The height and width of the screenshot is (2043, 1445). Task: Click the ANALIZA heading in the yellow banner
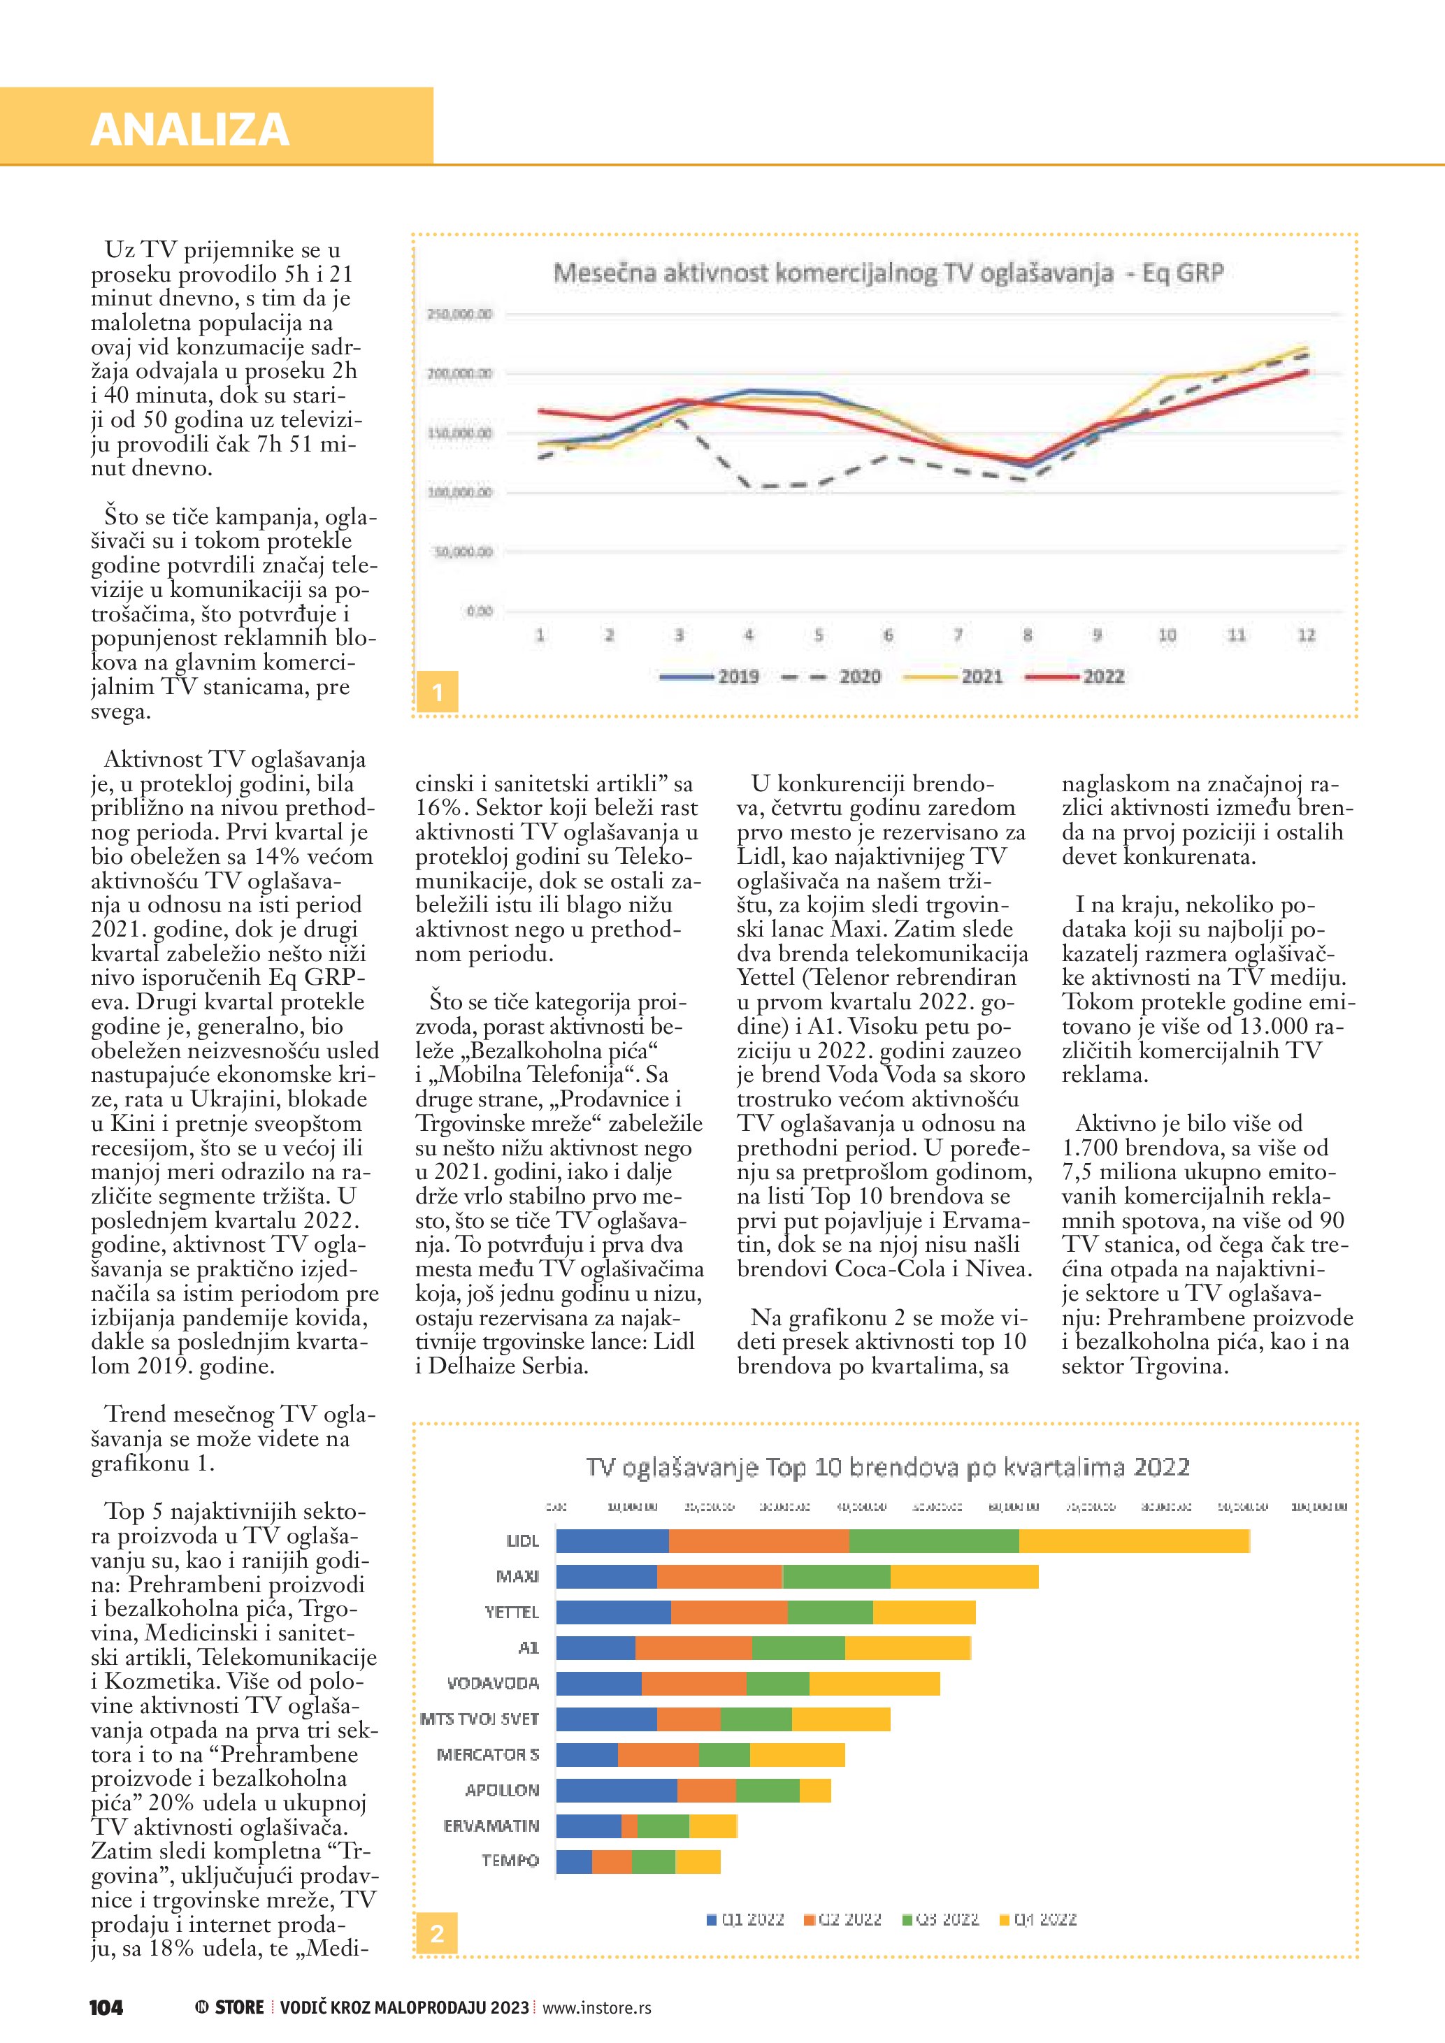click(189, 130)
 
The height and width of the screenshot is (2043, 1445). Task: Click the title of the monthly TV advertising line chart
click(887, 273)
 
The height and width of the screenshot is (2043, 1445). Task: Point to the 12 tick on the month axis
click(1305, 635)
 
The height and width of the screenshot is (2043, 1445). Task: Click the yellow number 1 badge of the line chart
click(437, 691)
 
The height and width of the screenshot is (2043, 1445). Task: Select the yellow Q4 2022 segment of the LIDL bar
click(1134, 1541)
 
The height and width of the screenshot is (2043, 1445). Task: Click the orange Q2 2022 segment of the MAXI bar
click(719, 1577)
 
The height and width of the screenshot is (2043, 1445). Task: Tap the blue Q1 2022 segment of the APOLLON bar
click(616, 1790)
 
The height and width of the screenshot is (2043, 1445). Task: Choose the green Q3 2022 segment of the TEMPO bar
click(653, 1861)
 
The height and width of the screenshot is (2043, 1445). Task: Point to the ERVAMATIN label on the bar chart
click(491, 1826)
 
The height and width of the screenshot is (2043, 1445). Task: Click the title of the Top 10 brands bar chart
click(887, 1466)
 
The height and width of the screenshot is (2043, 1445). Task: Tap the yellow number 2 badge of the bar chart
click(437, 1933)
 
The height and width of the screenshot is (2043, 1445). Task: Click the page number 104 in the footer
click(106, 2007)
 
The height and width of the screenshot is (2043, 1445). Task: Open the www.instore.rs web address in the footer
click(596, 2008)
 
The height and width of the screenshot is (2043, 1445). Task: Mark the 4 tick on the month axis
click(748, 635)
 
